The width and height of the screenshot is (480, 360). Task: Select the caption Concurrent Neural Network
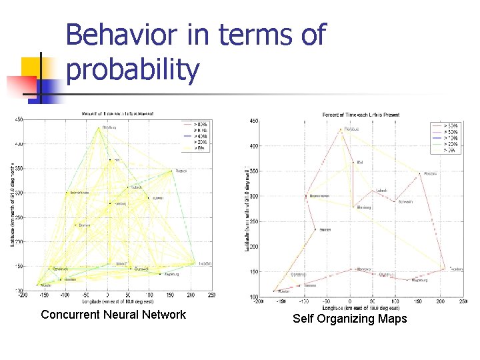click(x=113, y=315)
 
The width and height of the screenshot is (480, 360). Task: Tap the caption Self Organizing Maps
click(x=350, y=319)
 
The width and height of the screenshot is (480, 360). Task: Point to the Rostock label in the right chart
click(x=430, y=174)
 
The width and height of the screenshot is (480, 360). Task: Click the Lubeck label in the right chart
click(x=381, y=191)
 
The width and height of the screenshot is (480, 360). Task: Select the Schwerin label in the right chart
click(x=405, y=201)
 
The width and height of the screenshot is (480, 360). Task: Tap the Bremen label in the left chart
click(x=85, y=225)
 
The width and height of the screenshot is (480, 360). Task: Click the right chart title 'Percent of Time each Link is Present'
click(x=361, y=115)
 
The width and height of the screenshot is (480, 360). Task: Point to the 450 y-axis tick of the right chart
click(x=254, y=121)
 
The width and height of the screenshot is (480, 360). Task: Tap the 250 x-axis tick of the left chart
click(x=211, y=295)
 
